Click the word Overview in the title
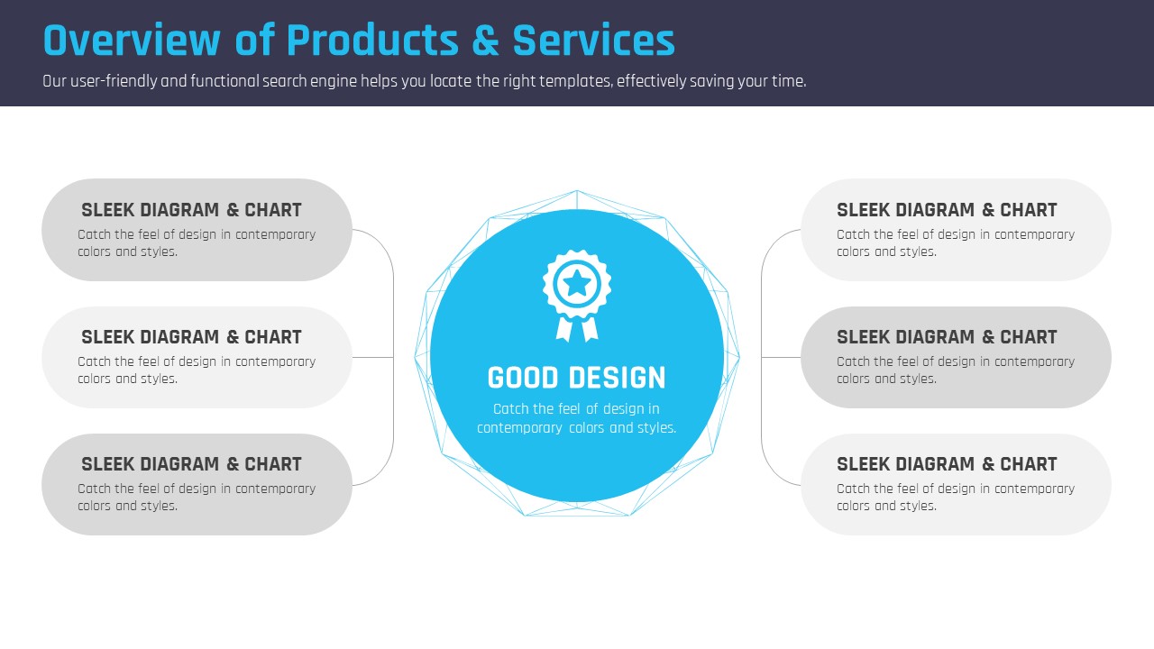(x=132, y=41)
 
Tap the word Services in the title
(x=593, y=41)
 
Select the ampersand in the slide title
(x=485, y=41)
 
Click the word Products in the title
(x=372, y=41)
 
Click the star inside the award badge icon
(x=577, y=283)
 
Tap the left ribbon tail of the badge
(x=564, y=329)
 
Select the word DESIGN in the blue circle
(x=618, y=378)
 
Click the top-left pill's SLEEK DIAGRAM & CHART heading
(x=191, y=210)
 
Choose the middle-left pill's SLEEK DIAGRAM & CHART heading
(x=191, y=337)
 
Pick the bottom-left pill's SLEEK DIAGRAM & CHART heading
(x=191, y=464)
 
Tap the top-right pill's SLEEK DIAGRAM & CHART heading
(x=947, y=210)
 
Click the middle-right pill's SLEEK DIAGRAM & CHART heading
(x=947, y=337)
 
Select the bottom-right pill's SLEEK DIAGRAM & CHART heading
(x=947, y=464)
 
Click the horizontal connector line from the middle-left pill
(x=373, y=358)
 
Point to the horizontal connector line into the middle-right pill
(x=781, y=358)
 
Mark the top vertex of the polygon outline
(x=577, y=190)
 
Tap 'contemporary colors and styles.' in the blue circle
(x=576, y=428)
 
